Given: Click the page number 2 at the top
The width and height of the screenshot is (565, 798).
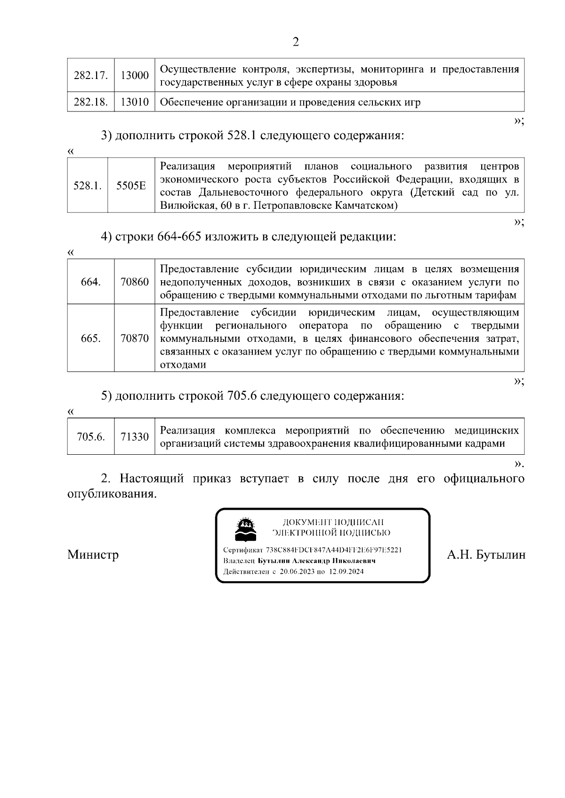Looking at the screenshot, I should click(296, 42).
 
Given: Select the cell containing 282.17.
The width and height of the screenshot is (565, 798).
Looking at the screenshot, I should click(91, 75).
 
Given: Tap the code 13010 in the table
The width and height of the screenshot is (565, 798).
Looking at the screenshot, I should click(135, 102).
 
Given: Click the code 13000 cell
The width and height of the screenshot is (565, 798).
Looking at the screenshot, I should click(135, 75).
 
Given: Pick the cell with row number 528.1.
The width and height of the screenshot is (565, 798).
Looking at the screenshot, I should click(88, 186).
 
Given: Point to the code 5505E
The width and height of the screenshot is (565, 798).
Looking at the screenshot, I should click(131, 186).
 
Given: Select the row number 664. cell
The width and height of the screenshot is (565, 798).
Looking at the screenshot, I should click(91, 282).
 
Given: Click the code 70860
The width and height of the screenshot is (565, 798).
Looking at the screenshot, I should click(135, 282).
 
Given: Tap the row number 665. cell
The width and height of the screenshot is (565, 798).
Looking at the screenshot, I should click(91, 339).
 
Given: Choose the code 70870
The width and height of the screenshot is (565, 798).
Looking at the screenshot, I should click(135, 339).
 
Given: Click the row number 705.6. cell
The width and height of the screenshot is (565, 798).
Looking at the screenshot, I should click(91, 437).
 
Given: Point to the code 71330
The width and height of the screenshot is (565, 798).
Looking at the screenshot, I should click(135, 437).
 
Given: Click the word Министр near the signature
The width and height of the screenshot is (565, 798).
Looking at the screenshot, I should click(93, 554).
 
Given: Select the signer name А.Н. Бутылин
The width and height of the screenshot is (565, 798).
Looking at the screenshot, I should click(486, 555).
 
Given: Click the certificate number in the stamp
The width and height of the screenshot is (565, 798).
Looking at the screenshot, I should click(333, 550).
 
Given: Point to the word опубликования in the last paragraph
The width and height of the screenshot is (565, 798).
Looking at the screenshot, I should click(112, 495).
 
